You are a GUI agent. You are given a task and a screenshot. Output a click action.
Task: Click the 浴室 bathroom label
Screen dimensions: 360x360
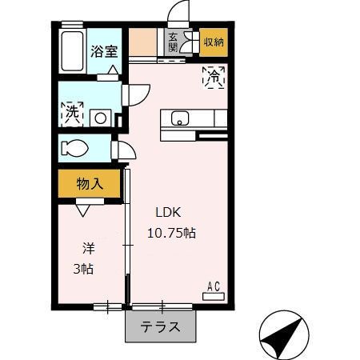pos(103,51)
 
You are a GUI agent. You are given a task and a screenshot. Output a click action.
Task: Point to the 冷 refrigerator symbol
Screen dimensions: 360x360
pos(214,77)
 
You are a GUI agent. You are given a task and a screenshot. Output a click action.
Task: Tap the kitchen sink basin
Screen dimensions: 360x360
pos(180,119)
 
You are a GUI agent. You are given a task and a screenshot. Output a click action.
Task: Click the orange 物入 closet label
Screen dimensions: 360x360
pos(90,184)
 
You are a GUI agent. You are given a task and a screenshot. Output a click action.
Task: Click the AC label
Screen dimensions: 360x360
pos(214,285)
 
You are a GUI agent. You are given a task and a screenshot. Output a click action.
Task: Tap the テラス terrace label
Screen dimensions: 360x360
pos(159,327)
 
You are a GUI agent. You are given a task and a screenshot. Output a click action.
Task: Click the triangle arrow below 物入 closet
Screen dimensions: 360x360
pos(83,210)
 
